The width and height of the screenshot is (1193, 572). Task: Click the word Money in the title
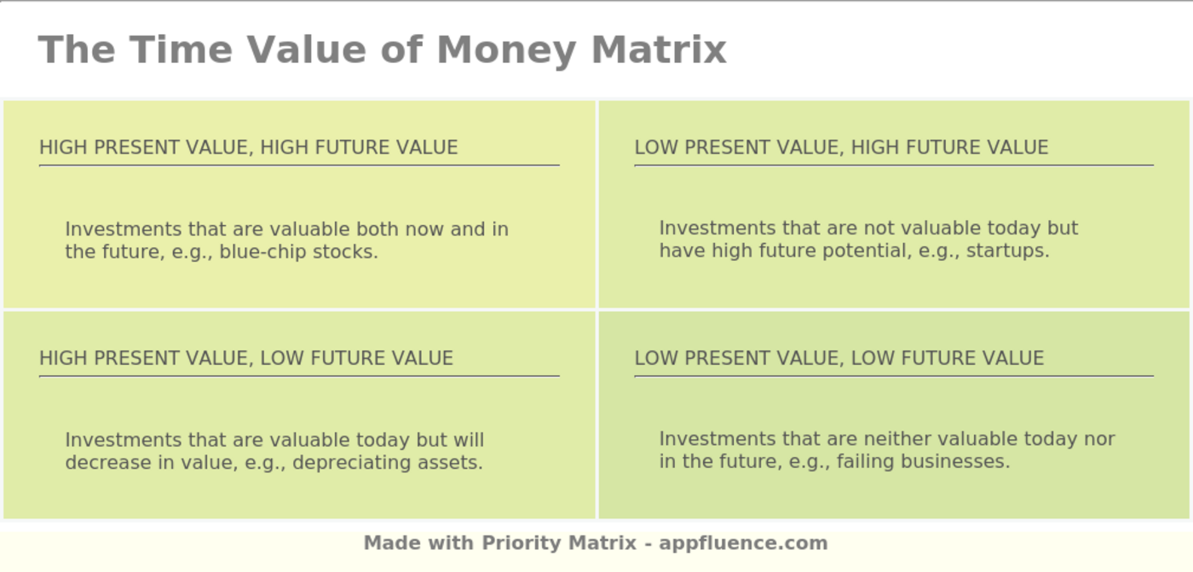506,49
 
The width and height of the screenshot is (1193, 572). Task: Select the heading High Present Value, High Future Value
248,147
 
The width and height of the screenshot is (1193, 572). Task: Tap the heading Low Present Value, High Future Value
841,147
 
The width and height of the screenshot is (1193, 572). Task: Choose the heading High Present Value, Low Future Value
245,358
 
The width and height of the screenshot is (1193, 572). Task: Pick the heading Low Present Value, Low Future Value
839,358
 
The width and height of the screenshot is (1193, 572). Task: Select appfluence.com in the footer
743,543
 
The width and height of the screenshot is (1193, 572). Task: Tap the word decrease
100,463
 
